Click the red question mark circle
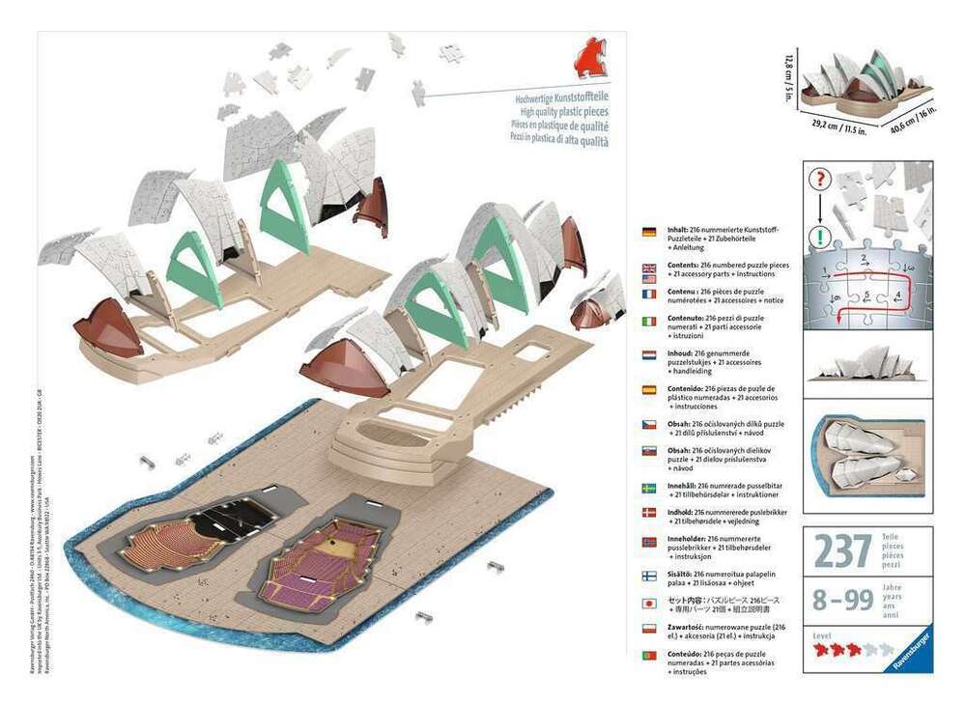pos(820,181)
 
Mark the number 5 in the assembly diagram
pos(866,295)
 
